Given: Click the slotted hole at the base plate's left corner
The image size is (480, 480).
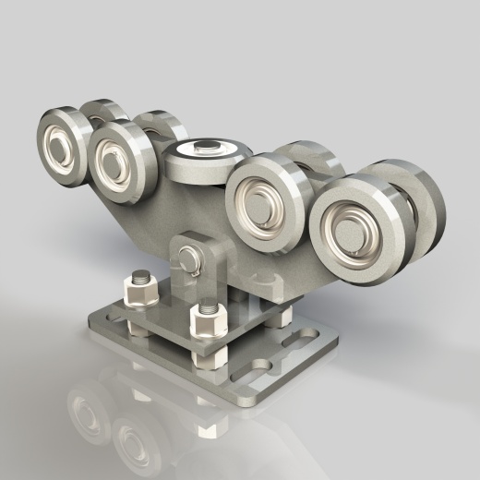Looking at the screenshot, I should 114,315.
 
